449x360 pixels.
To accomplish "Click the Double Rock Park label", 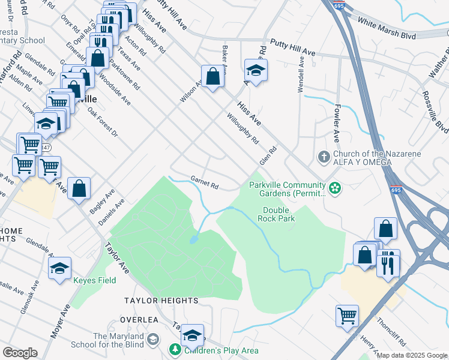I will (276, 214).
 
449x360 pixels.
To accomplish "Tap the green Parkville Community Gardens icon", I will (335, 190).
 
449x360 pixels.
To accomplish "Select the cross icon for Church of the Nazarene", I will (324, 157).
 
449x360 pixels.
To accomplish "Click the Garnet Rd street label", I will (204, 182).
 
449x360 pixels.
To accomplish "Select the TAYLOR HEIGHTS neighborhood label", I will (161, 300).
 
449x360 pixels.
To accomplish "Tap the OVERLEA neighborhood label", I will (141, 320).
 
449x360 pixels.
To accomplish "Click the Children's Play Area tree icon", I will (175, 349).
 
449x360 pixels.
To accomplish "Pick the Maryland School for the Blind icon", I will (153, 340).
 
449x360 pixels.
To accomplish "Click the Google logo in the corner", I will (19, 353).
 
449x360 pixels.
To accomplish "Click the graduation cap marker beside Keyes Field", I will (59, 269).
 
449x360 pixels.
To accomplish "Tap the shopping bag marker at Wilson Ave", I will (212, 76).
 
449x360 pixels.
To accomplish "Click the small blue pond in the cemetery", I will (193, 240).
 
